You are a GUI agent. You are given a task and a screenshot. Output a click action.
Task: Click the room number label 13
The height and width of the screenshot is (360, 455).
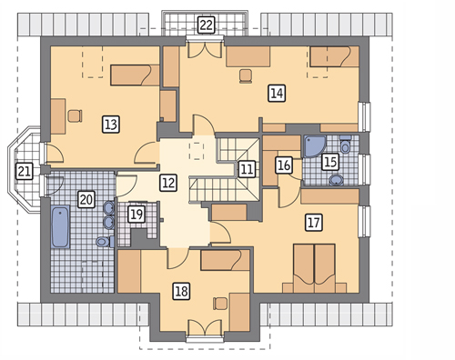111,125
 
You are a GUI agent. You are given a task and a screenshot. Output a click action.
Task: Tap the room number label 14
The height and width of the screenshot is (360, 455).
277,93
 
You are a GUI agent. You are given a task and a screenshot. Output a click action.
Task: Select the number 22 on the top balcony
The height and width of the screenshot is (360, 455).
207,25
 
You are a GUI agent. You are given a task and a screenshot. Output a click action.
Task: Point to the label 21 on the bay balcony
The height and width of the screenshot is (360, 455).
24,171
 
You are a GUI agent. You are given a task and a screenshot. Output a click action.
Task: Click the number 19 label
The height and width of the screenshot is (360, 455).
136,215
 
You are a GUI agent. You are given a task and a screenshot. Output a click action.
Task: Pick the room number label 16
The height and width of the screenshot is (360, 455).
284,165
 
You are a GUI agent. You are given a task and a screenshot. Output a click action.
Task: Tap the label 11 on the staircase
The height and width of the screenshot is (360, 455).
247,169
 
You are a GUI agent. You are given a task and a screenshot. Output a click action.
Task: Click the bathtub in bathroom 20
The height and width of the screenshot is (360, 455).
60,227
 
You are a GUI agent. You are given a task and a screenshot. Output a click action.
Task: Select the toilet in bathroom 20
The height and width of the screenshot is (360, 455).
105,242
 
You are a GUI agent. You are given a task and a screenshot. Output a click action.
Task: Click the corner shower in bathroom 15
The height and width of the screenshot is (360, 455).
315,146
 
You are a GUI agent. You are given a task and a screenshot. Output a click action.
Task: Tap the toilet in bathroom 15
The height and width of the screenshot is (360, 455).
346,145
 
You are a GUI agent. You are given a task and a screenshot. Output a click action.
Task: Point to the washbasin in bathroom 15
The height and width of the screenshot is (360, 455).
337,180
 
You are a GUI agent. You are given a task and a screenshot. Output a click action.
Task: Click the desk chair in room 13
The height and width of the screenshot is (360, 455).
75,115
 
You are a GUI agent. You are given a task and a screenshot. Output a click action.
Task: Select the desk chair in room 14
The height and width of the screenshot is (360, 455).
246,75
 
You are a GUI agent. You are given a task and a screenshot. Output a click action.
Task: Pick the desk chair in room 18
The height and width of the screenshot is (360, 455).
220,304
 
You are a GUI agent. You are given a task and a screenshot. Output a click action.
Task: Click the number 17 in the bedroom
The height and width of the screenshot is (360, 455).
314,223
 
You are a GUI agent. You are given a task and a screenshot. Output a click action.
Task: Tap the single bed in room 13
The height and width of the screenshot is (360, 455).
135,75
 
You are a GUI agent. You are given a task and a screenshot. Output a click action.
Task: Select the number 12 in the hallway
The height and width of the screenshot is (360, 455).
168,183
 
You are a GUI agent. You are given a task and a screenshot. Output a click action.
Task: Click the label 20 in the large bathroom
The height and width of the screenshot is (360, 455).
86,199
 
